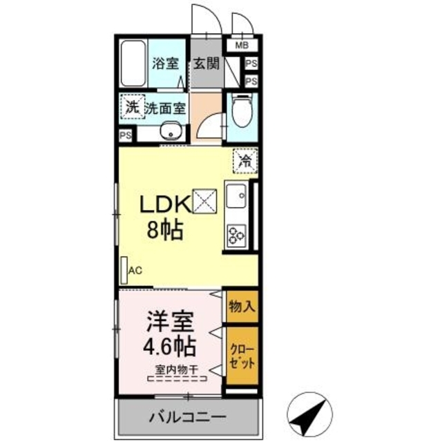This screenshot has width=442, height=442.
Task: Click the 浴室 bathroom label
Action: coord(165,64)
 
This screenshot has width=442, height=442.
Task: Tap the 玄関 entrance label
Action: coord(206,64)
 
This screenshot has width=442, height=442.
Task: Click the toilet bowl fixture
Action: coord(241,109)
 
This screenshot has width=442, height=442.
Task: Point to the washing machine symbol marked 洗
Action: coord(131,107)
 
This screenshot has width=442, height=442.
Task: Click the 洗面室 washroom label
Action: coord(164,108)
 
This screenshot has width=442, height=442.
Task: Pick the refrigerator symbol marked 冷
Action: coord(244,160)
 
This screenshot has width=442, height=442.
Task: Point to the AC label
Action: coord(135,270)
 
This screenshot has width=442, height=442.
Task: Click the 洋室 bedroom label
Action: coord(169,321)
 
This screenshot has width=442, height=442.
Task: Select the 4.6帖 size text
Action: coord(169,345)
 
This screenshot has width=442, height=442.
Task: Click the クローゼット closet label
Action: coord(242,357)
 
